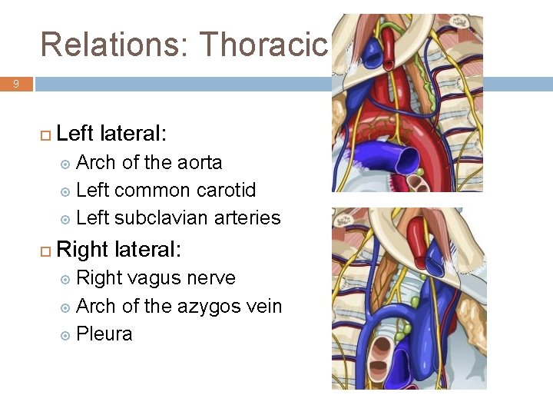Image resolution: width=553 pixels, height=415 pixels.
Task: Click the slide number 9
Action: (16, 84)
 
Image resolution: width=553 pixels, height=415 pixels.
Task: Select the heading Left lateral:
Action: (111, 134)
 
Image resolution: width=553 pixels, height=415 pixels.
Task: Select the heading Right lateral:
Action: (118, 249)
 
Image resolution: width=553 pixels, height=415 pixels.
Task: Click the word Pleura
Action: (104, 334)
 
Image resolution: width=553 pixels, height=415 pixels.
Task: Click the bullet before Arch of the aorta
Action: (65, 164)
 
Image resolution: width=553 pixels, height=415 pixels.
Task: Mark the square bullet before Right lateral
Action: (45, 250)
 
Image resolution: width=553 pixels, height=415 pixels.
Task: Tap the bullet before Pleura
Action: (65, 335)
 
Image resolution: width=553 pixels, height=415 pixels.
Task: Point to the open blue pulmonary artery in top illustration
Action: (403, 160)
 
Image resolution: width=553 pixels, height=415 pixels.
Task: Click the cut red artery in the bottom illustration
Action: (417, 234)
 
